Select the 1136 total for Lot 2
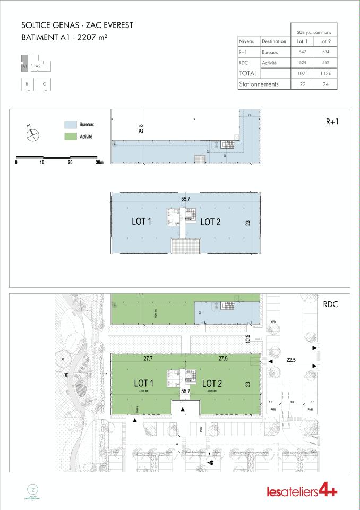[323, 73]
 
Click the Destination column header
[274, 41]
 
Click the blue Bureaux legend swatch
[71, 124]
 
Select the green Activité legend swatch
[71, 137]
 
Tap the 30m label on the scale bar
[99, 163]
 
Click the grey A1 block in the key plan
[24, 64]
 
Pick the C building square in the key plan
[44, 84]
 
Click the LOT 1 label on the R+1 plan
[142, 222]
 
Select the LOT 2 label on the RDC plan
[212, 383]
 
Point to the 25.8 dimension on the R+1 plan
[141, 129]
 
